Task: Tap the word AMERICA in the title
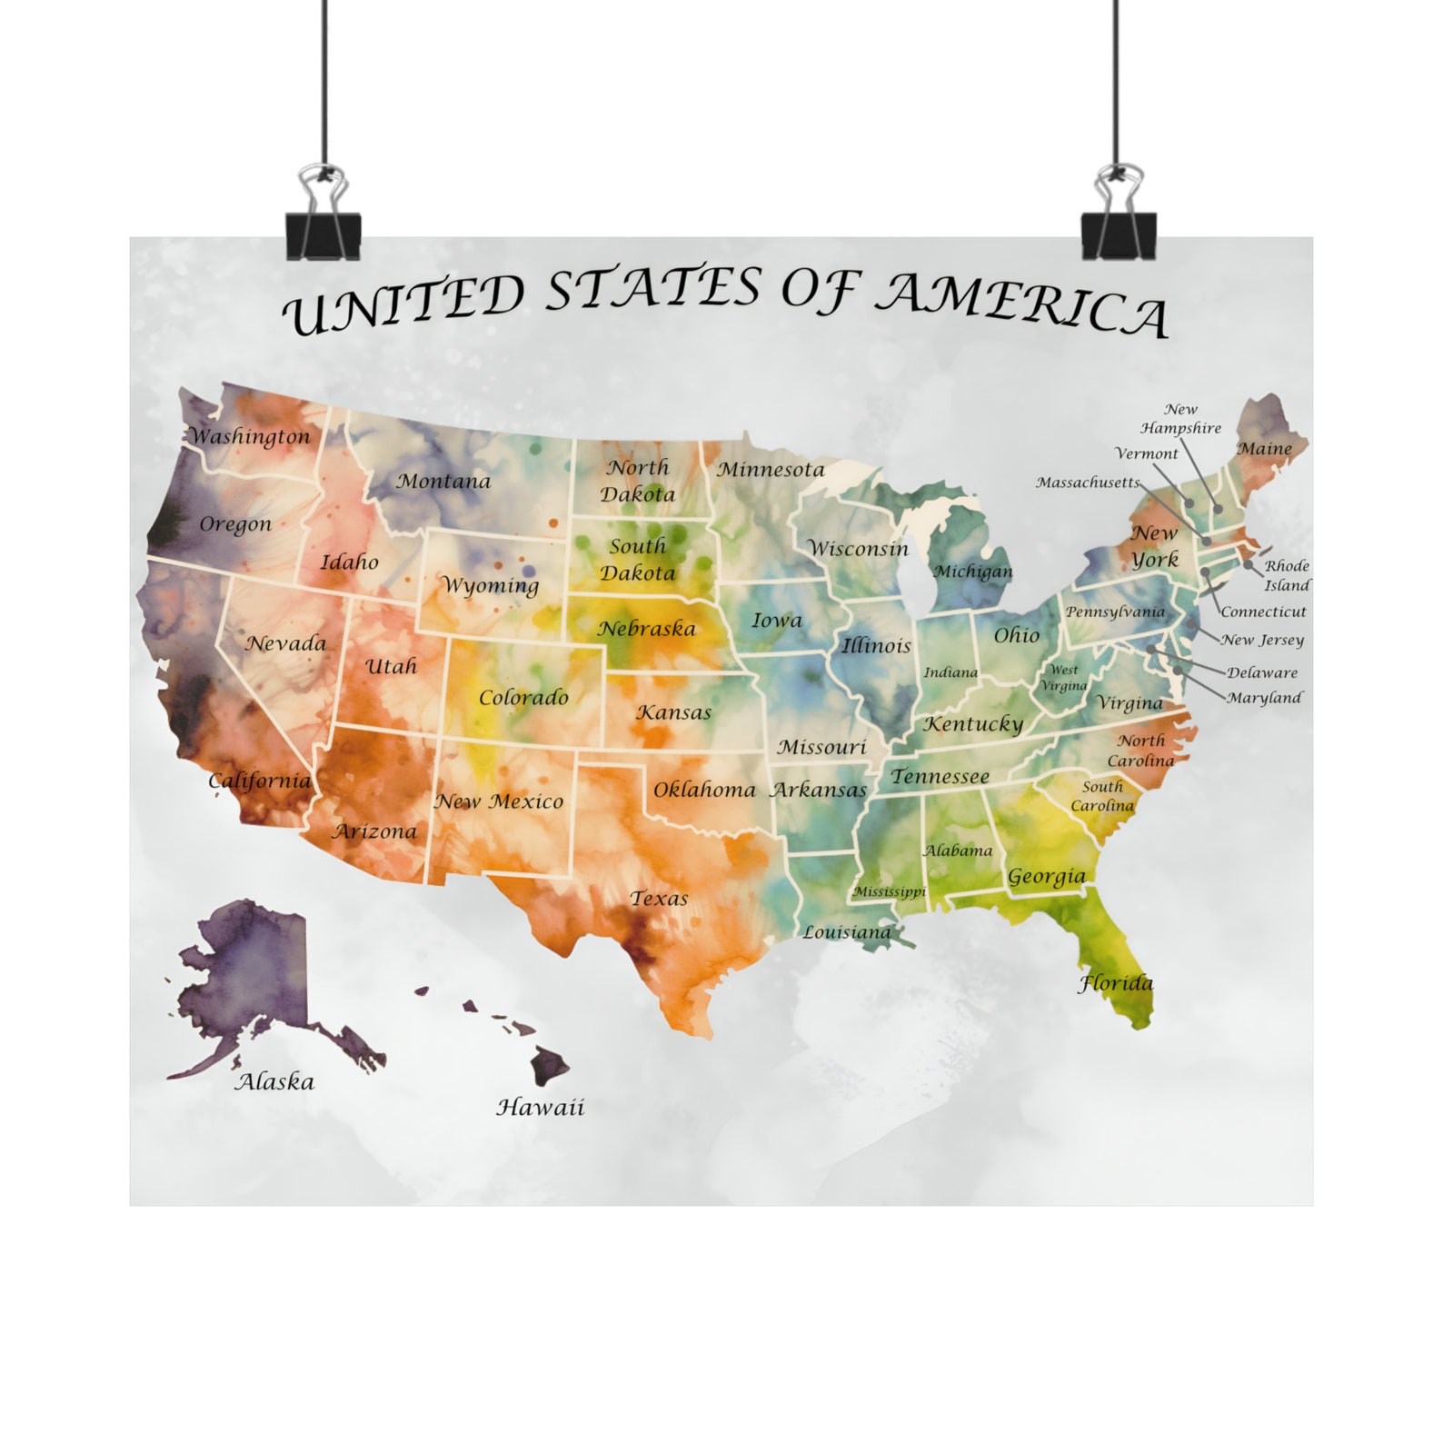[x=1023, y=304]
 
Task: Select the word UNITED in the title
[x=404, y=305]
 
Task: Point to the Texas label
[x=659, y=899]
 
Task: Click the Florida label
[x=1115, y=983]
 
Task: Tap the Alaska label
[x=274, y=1081]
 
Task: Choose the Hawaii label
[x=540, y=1107]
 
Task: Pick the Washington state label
[x=250, y=437]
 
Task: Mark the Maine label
[x=1264, y=449]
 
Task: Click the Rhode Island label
[x=1287, y=575]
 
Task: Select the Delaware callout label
[x=1262, y=672]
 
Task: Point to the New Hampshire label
[x=1180, y=419]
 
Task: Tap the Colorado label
[x=523, y=698]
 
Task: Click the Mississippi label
[x=889, y=891]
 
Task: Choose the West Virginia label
[x=1064, y=678]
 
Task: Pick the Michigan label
[x=972, y=572]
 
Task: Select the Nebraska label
[x=646, y=628]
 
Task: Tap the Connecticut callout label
[x=1263, y=612]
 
